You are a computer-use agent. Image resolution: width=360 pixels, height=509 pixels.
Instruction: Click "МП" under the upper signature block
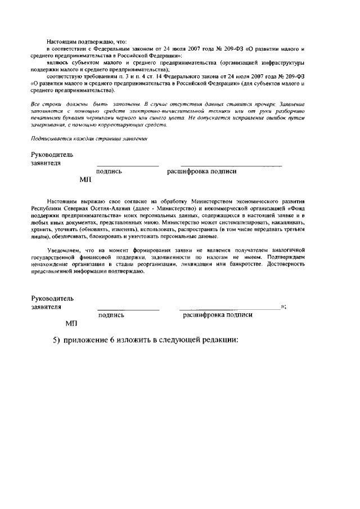[85, 180]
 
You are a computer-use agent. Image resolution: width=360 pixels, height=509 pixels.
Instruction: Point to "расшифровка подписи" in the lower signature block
[218, 315]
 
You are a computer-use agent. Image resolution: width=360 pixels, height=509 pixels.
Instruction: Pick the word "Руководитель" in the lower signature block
[52, 298]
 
